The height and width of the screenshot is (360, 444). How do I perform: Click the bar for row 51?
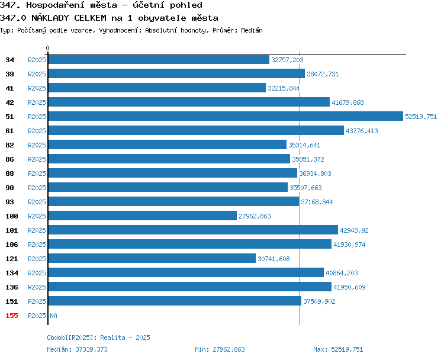click(226, 117)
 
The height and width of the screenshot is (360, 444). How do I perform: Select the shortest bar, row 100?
click(143, 216)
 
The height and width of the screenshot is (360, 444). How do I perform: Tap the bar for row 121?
click(152, 258)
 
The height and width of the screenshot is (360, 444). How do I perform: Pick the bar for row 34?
click(159, 59)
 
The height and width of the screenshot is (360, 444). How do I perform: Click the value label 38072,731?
click(323, 74)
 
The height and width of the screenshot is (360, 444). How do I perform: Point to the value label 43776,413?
click(362, 131)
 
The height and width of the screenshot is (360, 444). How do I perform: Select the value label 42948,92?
click(354, 230)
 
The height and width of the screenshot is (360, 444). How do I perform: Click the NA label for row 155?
click(53, 316)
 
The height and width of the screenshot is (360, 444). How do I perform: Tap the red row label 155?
click(12, 316)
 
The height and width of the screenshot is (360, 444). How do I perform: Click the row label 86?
click(9, 159)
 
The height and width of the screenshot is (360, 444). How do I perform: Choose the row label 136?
click(12, 287)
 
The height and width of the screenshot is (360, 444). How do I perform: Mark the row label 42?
click(9, 102)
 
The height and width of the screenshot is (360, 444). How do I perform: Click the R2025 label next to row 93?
click(37, 202)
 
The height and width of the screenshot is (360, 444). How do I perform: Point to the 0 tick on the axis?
click(47, 48)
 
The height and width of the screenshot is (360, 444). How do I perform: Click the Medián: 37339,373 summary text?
click(78, 349)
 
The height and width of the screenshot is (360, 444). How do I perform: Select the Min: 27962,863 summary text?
click(220, 349)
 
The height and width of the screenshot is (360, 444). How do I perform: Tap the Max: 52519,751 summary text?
click(338, 349)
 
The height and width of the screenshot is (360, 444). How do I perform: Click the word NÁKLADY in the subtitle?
click(50, 18)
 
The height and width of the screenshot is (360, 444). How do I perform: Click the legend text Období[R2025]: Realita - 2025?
click(98, 337)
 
